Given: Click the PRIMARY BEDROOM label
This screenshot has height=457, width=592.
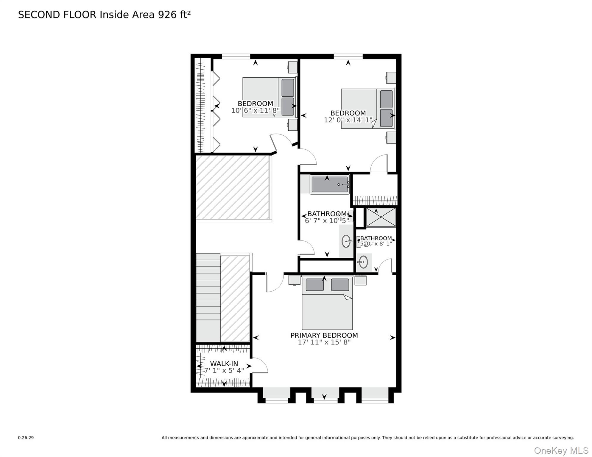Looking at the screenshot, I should point(324,335).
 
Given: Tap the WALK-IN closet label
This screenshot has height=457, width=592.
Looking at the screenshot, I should point(224,364).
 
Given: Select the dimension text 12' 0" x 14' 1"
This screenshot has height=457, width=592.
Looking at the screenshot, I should point(348,120).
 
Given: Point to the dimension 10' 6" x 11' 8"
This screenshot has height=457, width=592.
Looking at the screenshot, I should point(255,110).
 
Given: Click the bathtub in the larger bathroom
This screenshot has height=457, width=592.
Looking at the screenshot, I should point(329,184).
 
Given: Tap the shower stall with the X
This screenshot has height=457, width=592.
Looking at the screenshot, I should point(381,217).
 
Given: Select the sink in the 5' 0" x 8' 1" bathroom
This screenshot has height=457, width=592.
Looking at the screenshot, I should point(363,262).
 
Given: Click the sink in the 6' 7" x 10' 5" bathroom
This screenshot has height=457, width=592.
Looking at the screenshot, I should point(346,241).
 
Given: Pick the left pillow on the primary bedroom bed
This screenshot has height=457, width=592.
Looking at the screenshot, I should point(314,285).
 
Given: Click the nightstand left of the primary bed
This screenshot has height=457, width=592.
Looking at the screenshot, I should point(294,280).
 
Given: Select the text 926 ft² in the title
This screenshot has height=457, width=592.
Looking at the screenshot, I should point(174,15).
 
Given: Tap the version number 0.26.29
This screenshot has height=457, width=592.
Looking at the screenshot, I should point(26,438).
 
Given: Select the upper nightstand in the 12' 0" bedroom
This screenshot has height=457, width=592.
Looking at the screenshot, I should point(391,78).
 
